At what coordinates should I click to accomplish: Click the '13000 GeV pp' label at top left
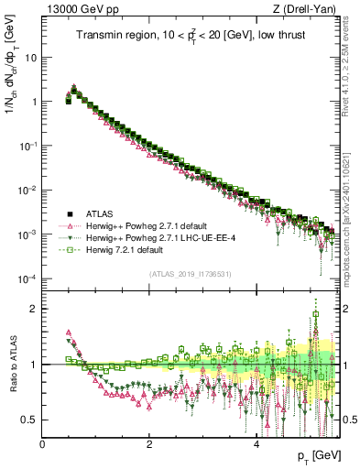[x=73, y=9]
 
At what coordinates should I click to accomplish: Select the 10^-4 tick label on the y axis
[x=27, y=278]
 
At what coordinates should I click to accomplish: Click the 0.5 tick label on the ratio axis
[x=29, y=420]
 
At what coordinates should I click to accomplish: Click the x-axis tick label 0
[x=43, y=442]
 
